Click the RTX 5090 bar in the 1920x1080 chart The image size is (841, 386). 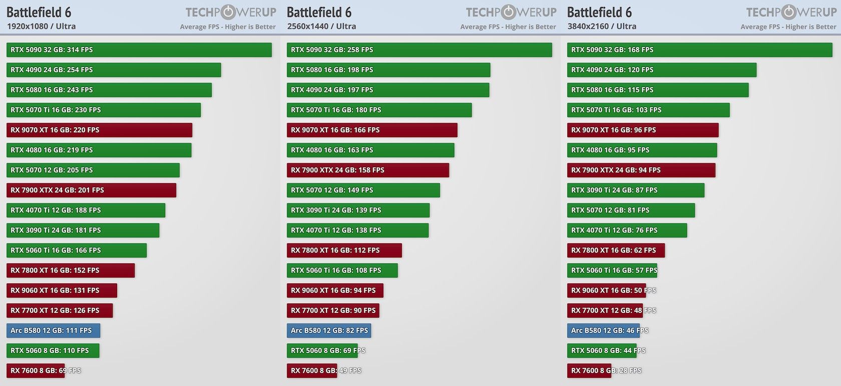click(139, 50)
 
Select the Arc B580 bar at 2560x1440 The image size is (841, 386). click(328, 330)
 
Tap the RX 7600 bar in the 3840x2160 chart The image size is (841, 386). click(589, 370)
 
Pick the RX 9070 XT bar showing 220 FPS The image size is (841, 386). click(99, 130)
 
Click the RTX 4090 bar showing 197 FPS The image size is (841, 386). click(387, 90)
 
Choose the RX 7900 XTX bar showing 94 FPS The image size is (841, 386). click(641, 170)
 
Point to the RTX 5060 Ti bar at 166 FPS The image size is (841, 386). click(76, 250)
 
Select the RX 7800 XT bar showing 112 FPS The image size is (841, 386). click(344, 250)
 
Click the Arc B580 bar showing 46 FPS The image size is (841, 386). click(600, 330)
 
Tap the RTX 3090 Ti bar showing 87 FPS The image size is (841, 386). click(635, 190)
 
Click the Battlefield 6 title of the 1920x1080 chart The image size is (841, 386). click(39, 12)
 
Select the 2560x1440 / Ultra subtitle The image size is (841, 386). click(321, 26)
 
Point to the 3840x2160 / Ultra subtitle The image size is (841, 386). click(602, 26)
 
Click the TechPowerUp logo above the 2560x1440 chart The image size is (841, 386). click(511, 12)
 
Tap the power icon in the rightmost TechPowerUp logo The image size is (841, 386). click(789, 12)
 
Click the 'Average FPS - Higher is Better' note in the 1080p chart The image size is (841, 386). click(228, 27)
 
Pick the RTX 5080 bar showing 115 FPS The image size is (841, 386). click(657, 90)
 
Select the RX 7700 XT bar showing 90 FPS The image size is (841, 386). click(333, 310)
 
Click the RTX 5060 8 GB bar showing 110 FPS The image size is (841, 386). click(53, 350)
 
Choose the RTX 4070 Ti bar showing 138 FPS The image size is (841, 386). click(357, 230)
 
